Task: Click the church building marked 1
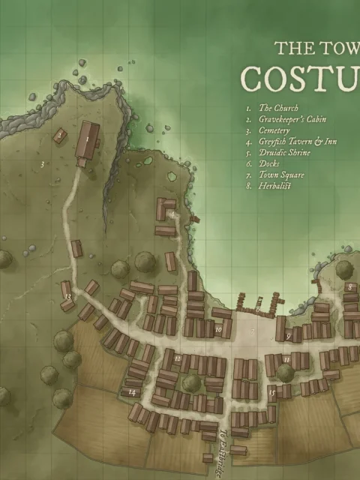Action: [x=87, y=139]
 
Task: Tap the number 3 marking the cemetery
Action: [x=42, y=163]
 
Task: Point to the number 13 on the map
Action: [x=67, y=298]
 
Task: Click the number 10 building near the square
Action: [x=219, y=328]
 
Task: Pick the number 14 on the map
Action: [x=132, y=392]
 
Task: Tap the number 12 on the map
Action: [x=177, y=358]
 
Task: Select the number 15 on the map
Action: [x=273, y=391]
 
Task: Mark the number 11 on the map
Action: [x=286, y=360]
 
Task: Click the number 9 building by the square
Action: [x=289, y=337]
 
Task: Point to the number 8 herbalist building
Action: [x=349, y=287]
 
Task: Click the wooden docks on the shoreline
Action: [x=258, y=303]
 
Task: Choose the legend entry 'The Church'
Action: [x=278, y=109]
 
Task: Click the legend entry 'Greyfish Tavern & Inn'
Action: [x=298, y=141]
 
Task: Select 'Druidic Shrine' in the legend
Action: [x=284, y=151]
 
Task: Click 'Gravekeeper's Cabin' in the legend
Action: [x=292, y=119]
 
